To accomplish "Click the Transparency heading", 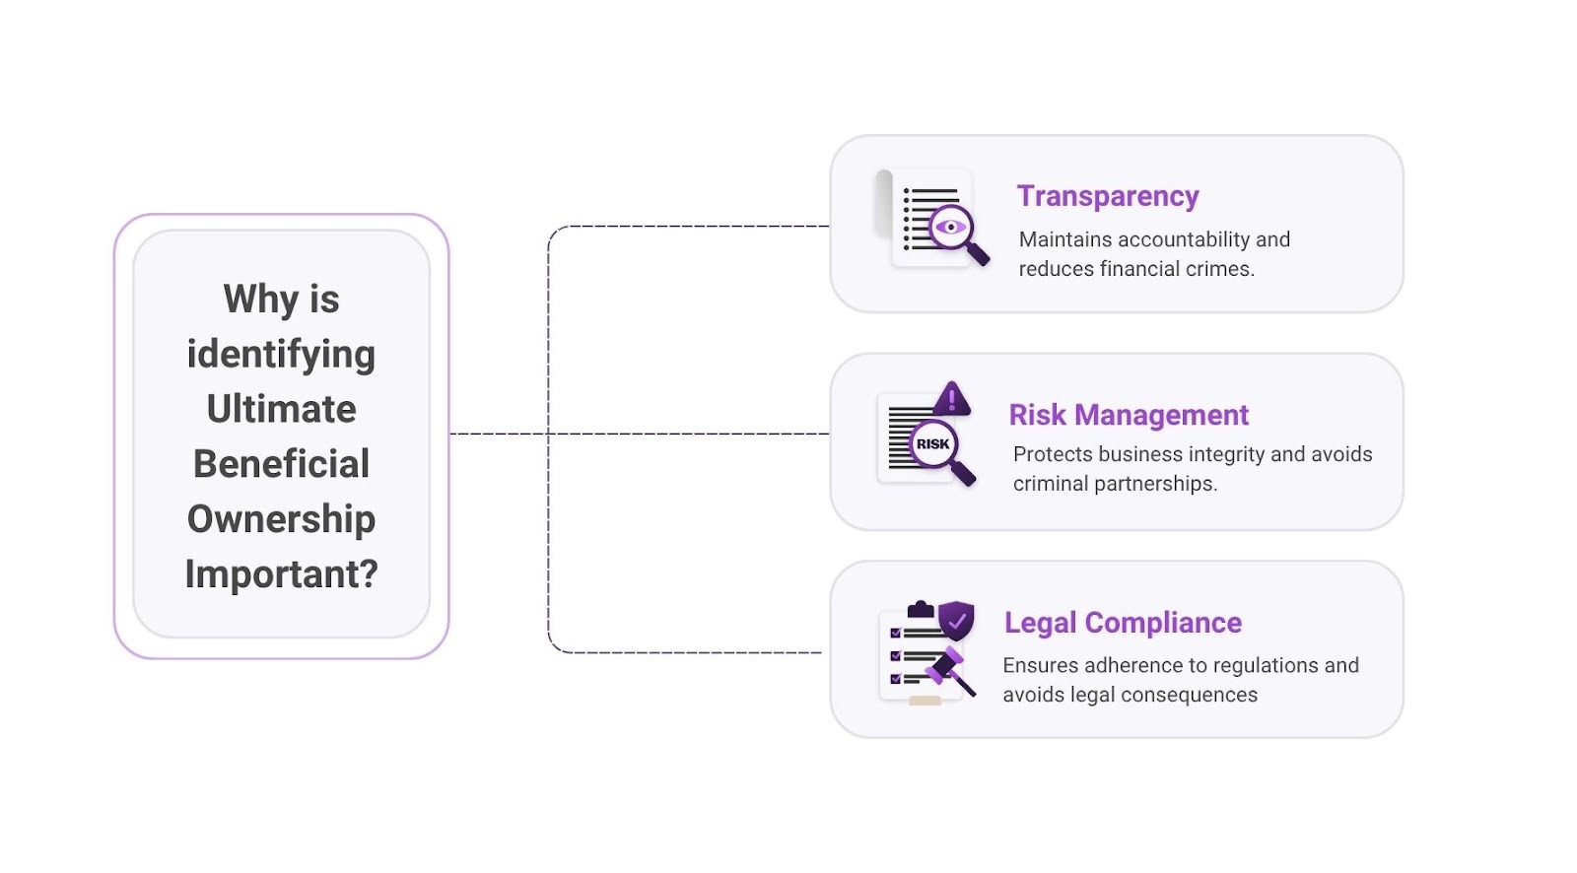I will tap(1108, 196).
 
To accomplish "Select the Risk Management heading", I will tap(1129, 415).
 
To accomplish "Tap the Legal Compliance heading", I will tap(1123, 623).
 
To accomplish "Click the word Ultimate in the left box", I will tap(281, 409).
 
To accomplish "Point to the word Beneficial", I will tap(281, 463).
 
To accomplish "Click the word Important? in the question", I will tap(281, 573).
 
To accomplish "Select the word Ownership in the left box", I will tap(281, 518).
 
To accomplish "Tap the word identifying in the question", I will tap(281, 354).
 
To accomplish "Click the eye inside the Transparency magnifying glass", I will tap(950, 228).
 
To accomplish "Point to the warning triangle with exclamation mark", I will tap(951, 399).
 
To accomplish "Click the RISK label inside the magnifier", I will tap(932, 444).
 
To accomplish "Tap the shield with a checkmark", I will tap(956, 621).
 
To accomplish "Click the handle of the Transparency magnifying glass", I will tap(978, 255).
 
